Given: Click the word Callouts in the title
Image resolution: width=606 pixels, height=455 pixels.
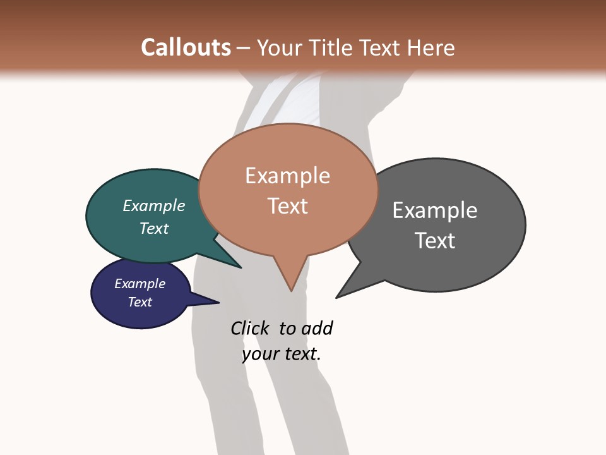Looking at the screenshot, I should point(186,47).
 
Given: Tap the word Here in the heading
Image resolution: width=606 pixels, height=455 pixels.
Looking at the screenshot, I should point(431,47).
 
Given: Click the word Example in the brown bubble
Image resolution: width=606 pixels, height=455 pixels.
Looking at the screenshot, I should point(287,176).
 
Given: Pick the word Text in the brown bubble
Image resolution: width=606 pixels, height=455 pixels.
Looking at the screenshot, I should point(287,205).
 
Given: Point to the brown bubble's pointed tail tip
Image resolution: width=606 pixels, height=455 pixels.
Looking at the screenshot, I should point(291,291).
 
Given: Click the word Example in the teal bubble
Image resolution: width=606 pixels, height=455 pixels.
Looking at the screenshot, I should point(153,206).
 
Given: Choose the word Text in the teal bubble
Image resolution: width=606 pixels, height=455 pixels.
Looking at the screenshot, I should point(153,228).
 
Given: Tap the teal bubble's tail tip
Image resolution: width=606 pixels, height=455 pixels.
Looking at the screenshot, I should point(241,268).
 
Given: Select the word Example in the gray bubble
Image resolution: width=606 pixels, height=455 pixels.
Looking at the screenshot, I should point(434,210).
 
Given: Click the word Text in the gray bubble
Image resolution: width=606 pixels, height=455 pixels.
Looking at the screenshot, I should point(434,240).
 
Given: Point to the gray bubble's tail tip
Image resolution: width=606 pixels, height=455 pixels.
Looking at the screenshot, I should point(336,298).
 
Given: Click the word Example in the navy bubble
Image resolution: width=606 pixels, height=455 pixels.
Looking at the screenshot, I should point(140,284).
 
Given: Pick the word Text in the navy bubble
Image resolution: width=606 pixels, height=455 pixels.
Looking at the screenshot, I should point(140,302).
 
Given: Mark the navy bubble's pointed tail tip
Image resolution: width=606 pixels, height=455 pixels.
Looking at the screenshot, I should point(218,303).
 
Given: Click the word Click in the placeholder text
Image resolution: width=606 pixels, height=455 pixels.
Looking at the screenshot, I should point(249,329).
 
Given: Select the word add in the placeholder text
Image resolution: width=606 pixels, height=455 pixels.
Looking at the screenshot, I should point(317,329).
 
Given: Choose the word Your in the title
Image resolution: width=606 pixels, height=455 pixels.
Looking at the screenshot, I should point(278,47).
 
